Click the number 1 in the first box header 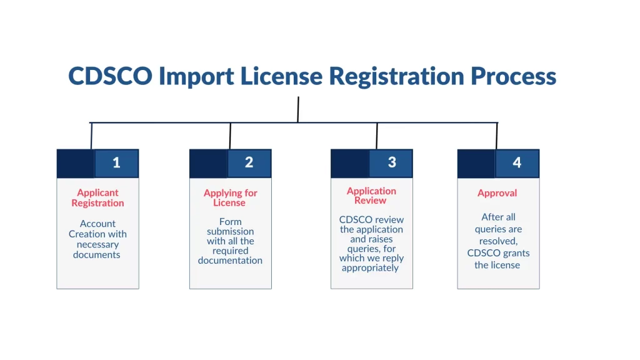(116, 163)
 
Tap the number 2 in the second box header (249, 162)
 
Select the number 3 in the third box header (392, 162)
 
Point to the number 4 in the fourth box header (517, 162)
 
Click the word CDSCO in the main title (110, 76)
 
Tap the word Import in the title (196, 77)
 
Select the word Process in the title (514, 76)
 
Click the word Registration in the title (396, 77)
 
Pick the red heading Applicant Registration (97, 198)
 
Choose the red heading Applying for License (230, 198)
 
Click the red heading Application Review (371, 196)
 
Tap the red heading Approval (497, 193)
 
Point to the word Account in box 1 (97, 224)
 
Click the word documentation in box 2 (230, 261)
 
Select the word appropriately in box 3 (370, 268)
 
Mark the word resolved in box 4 (498, 241)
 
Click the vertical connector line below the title (298, 109)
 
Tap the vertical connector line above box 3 (377, 136)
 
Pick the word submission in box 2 (230, 231)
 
